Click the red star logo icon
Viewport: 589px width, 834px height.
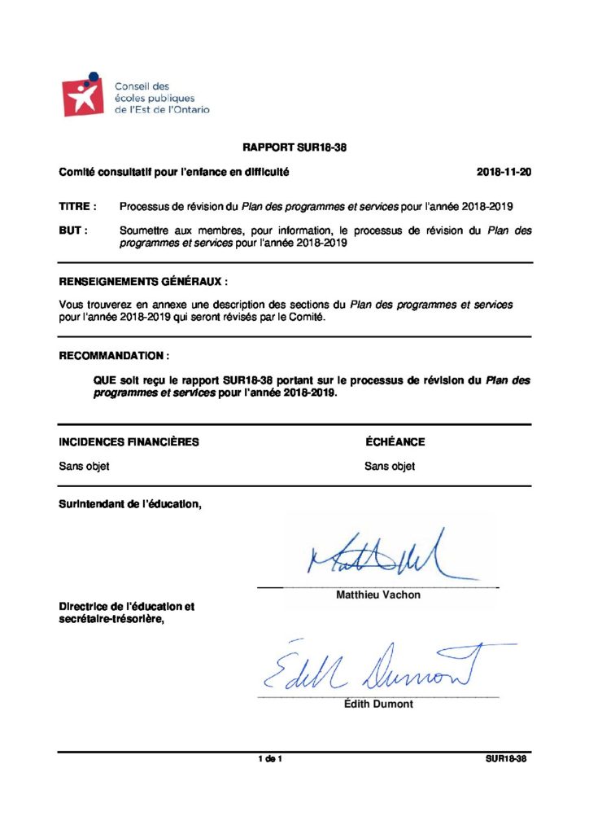85,96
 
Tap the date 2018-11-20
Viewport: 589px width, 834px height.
504,173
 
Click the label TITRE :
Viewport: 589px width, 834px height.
78,207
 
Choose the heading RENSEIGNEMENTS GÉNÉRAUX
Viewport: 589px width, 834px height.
143,281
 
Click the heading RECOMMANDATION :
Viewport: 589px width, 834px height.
115,356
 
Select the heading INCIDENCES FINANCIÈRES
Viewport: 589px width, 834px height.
129,442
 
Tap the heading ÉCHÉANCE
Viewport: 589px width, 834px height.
395,442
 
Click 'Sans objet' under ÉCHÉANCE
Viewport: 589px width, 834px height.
390,467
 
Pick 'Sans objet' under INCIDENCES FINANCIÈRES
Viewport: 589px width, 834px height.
84,467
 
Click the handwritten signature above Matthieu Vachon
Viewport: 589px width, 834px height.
379,555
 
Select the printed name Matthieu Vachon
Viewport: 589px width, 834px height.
378,595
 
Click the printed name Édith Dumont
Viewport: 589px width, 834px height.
378,705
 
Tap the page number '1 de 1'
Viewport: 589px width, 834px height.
269,760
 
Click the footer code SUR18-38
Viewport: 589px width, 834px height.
507,760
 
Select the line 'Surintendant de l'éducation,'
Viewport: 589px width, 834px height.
130,505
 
